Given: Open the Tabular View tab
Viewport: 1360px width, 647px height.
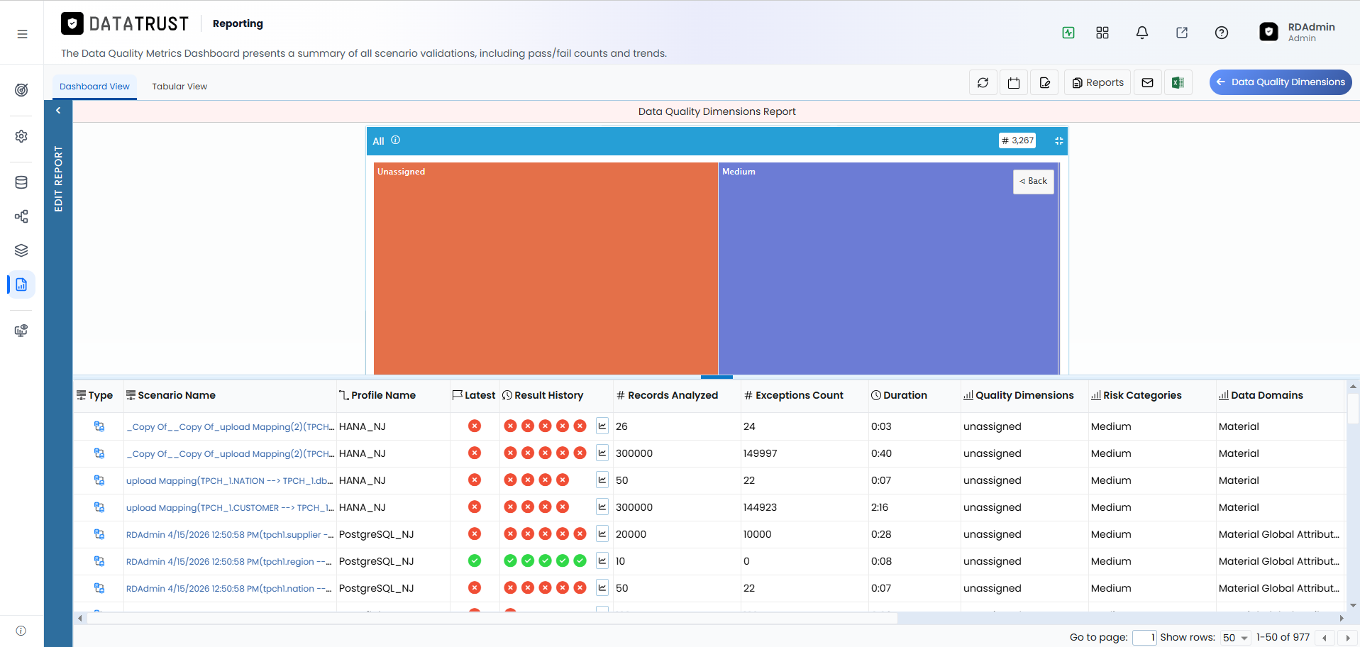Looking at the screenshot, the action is [179, 87].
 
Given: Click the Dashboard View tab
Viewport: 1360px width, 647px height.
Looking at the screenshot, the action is [94, 87].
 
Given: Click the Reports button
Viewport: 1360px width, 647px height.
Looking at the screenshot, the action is [1098, 82].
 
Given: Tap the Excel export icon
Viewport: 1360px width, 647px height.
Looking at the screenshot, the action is [1178, 82].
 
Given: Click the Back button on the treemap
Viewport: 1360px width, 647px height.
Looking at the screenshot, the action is [1033, 182].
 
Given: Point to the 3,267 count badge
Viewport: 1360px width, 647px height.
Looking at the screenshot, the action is [1017, 140].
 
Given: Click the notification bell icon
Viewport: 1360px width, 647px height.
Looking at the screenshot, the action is [1142, 33].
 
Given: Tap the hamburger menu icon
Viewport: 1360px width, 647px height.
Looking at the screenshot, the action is [22, 33].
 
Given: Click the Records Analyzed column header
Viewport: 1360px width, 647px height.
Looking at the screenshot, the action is [667, 395].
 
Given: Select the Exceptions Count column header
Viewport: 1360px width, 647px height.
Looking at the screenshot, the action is [794, 395].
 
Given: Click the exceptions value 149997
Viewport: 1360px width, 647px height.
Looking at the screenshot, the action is [760, 453].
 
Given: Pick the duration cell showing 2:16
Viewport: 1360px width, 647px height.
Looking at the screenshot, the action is [880, 507].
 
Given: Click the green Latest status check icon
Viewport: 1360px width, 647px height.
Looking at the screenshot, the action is [475, 561].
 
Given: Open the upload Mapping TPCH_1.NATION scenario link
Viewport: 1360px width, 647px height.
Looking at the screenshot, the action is [229, 481].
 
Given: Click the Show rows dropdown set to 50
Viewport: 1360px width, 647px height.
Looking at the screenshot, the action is [1235, 638].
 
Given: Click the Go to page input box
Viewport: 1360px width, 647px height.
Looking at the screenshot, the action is [1144, 638].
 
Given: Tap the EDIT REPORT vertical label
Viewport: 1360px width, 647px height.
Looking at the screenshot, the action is [58, 179].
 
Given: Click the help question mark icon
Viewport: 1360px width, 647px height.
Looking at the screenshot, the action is [1222, 33].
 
